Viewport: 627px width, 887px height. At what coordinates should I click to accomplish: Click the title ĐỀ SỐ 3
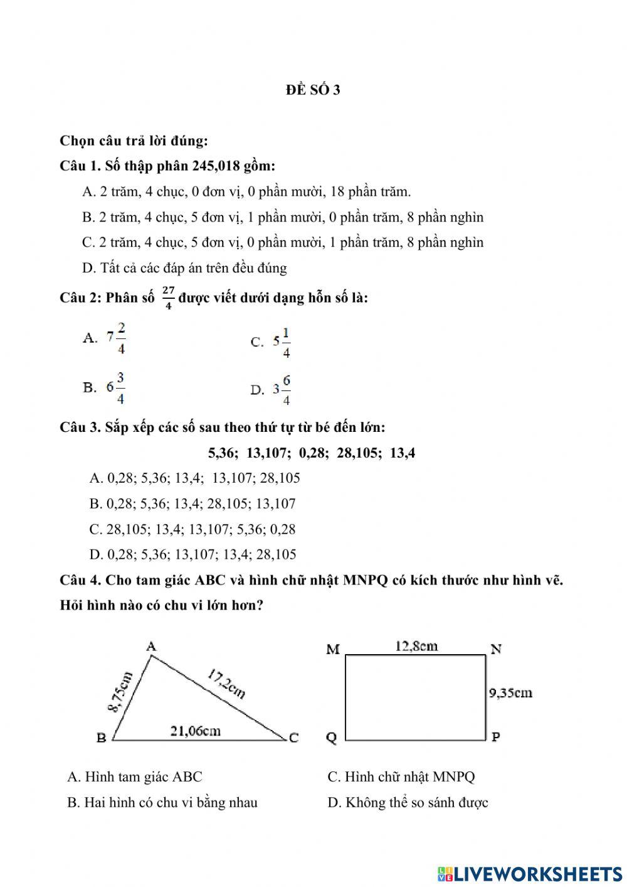point(313,90)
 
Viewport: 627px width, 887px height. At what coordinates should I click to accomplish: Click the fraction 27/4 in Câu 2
point(168,298)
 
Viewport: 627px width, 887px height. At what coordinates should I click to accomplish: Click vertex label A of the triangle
point(151,645)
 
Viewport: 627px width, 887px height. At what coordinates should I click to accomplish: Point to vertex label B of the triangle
point(102,738)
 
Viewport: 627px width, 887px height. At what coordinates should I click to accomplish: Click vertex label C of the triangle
point(293,738)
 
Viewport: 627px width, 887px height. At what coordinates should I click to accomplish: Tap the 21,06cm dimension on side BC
point(196,730)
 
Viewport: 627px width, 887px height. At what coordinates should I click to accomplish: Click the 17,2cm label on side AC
point(226,684)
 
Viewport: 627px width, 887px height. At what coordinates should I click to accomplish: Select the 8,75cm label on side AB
point(120,692)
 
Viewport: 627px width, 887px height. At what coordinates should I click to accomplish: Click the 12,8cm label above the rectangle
point(416,645)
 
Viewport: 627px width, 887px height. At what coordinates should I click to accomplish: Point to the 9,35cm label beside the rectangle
point(510,692)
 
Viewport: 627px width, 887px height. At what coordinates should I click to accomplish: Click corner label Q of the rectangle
point(332,738)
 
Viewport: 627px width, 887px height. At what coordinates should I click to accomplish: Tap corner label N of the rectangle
point(495,648)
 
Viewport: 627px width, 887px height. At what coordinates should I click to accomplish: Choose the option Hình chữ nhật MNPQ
point(401,777)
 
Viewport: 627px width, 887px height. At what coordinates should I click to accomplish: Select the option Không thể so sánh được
point(408,802)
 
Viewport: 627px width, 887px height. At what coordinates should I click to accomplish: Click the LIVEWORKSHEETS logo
point(530,873)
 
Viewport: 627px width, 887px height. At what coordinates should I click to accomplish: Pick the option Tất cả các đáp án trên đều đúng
point(184,268)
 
